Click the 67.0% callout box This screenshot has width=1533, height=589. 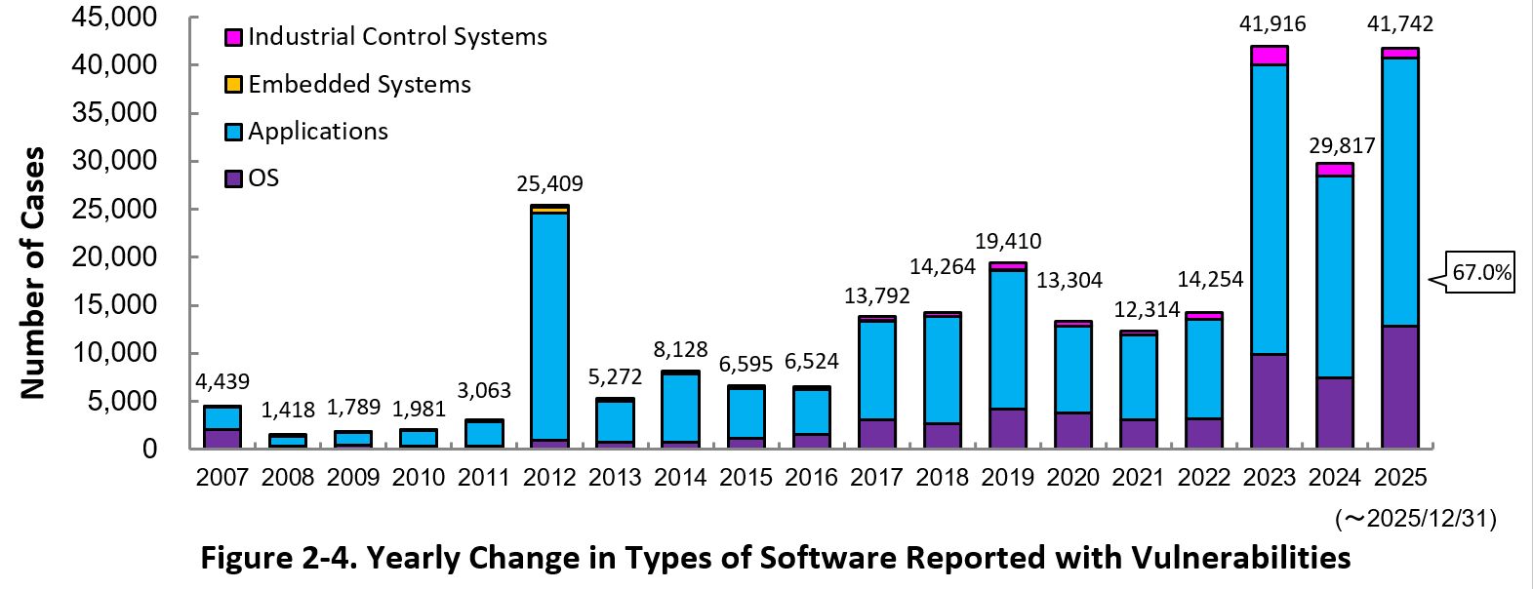tap(1480, 273)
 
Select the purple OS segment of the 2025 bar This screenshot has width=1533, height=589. tap(1399, 387)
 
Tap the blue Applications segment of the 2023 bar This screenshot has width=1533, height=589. tap(1269, 210)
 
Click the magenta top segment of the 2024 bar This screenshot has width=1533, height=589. tap(1334, 170)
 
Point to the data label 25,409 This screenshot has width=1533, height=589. tap(550, 183)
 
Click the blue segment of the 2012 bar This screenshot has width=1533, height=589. tap(550, 326)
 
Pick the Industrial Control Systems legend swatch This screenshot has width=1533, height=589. tap(233, 38)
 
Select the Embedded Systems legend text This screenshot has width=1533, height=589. tap(359, 85)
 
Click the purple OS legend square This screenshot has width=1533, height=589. tap(233, 178)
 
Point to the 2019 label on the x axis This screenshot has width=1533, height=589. tap(1007, 478)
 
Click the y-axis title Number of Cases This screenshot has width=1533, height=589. tap(33, 273)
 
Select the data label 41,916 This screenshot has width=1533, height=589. tap(1270, 24)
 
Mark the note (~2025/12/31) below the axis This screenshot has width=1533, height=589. tap(1415, 519)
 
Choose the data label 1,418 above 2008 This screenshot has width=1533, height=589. tap(289, 411)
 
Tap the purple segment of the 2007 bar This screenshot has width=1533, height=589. tap(222, 438)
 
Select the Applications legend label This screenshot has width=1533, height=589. tap(317, 132)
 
